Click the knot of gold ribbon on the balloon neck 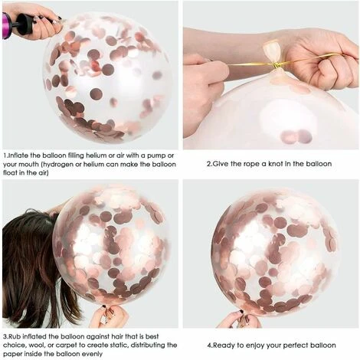(277, 65)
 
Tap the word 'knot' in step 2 (275, 164)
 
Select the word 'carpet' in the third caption (66, 345)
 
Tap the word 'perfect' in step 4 (296, 345)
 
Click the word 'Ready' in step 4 (224, 345)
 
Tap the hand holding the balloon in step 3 (110, 316)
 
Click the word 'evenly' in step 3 (92, 355)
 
